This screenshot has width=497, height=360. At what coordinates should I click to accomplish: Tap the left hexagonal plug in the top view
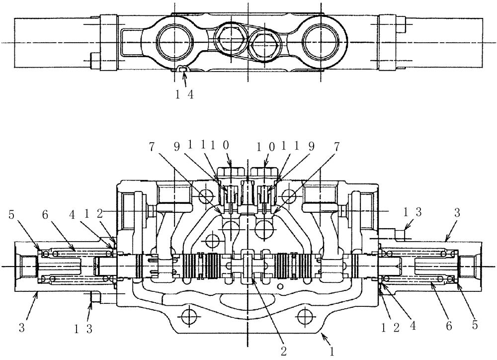point(229,38)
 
